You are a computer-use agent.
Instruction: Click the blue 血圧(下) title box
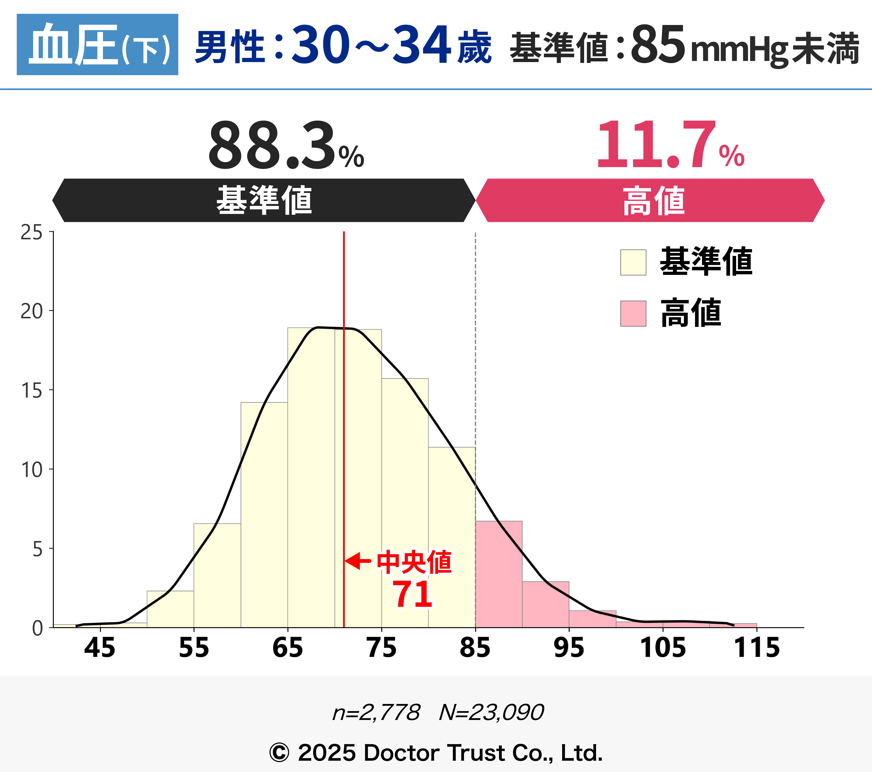pyautogui.click(x=97, y=44)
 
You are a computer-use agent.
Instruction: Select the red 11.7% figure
pyautogui.click(x=670, y=145)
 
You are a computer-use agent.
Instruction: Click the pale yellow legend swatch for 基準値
pyautogui.click(x=633, y=262)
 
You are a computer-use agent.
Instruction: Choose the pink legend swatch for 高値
pyautogui.click(x=633, y=314)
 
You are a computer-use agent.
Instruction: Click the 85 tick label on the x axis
pyautogui.click(x=475, y=648)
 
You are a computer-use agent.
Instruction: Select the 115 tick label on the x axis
pyautogui.click(x=756, y=648)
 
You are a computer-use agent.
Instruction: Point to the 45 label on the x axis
pyautogui.click(x=100, y=648)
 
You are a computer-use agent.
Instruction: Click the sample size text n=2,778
pyautogui.click(x=376, y=712)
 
